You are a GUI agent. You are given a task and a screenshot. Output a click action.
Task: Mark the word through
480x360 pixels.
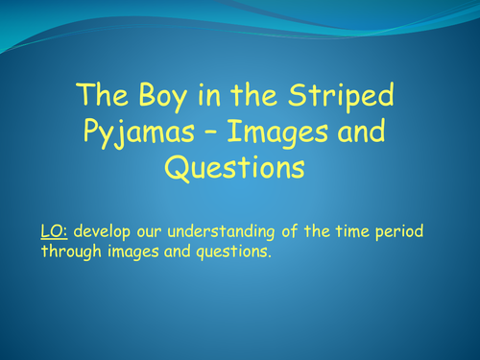point(70,252)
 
